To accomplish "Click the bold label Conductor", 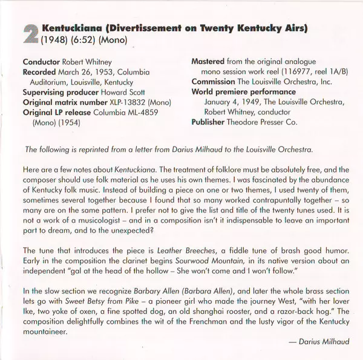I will tap(42, 62).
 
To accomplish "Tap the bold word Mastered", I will tap(209, 62).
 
